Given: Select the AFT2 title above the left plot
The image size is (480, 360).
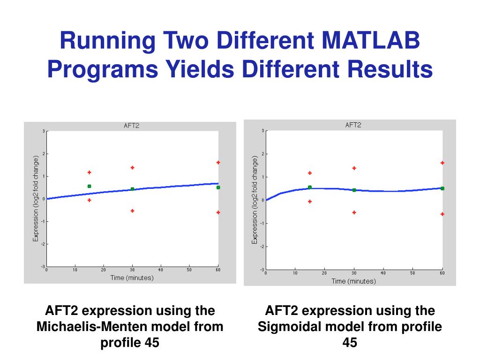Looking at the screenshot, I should click(x=132, y=126).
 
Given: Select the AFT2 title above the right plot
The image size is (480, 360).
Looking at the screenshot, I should click(x=352, y=125).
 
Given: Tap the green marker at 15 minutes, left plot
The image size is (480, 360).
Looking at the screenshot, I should click(x=89, y=186).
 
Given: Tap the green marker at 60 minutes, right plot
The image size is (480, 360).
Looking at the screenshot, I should click(x=442, y=188).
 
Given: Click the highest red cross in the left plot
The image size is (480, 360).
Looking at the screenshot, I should click(x=218, y=163).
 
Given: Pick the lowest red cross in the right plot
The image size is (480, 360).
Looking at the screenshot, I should click(x=442, y=214).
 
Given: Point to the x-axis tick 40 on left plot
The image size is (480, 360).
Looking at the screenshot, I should click(x=160, y=270).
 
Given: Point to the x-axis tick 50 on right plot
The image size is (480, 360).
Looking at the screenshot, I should click(x=413, y=273).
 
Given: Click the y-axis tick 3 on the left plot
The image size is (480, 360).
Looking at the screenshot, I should click(x=43, y=131).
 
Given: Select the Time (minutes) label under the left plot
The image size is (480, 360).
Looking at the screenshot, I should click(x=132, y=277).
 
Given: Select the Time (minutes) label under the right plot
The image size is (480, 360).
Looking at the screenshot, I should click(x=353, y=281).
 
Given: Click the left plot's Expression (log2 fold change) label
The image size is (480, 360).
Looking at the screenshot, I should click(x=35, y=199).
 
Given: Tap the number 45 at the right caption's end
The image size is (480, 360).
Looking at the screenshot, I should click(x=350, y=343).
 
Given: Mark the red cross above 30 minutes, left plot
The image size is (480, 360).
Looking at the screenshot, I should click(x=132, y=167).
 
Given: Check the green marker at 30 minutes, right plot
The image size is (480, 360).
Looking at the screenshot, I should click(x=354, y=190).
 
